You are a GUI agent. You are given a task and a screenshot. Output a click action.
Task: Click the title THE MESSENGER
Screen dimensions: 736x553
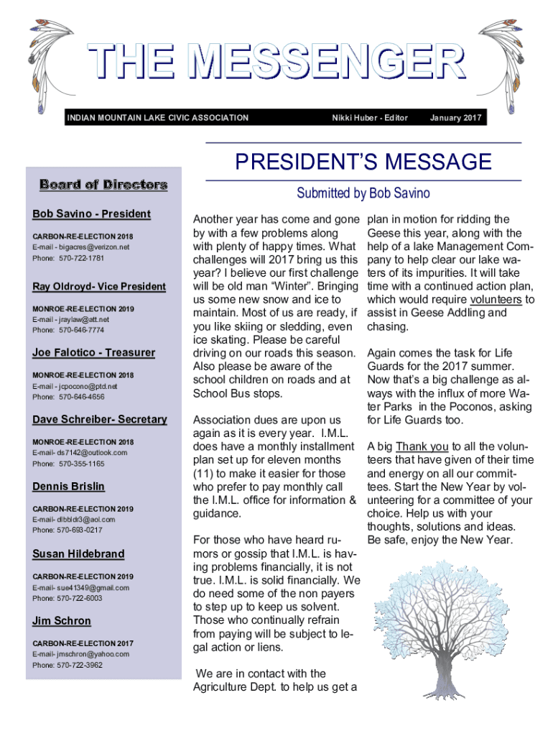click(276, 63)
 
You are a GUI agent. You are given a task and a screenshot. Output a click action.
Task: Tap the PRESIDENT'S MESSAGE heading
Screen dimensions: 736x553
click(363, 162)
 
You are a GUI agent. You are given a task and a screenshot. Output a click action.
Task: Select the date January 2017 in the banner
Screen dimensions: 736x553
click(455, 118)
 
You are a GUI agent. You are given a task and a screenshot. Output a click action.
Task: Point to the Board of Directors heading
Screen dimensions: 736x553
click(104, 185)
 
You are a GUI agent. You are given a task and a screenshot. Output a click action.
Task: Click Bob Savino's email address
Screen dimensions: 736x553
click(81, 247)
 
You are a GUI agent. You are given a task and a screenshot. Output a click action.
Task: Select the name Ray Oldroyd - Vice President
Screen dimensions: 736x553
click(99, 287)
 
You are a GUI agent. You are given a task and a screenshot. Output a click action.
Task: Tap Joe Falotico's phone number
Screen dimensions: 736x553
click(68, 397)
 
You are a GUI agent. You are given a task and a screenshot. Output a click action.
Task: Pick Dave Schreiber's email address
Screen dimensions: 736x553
click(80, 452)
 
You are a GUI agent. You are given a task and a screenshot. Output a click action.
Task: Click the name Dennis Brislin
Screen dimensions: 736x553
click(68, 487)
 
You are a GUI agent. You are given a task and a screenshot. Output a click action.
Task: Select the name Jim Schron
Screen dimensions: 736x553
click(62, 621)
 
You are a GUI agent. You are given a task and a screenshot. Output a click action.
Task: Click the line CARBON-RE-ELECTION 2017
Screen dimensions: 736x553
click(83, 643)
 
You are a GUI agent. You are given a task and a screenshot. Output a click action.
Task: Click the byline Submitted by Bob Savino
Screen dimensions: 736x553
click(363, 193)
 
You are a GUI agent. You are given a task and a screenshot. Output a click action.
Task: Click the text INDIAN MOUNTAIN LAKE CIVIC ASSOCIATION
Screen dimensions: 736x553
click(157, 118)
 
